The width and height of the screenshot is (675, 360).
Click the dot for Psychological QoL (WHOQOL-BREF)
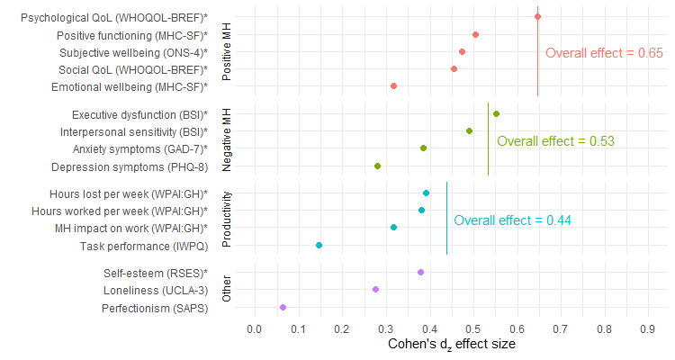(537, 16)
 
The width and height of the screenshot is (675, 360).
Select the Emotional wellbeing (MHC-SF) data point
(393, 86)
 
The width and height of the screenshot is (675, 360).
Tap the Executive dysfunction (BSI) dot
(496, 114)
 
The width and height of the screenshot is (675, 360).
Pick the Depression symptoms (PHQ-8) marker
(377, 166)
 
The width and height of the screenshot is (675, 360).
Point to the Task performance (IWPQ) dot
(319, 246)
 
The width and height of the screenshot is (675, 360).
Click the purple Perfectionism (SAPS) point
(283, 308)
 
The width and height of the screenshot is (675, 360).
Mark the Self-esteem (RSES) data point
(420, 272)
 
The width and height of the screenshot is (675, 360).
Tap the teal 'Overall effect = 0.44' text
(513, 220)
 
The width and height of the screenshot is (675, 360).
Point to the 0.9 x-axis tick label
(646, 330)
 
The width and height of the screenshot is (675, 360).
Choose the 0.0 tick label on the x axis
(254, 330)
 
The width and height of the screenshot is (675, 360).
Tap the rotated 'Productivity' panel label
(227, 219)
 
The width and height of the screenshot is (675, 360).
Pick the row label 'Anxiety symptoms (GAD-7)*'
(139, 149)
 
